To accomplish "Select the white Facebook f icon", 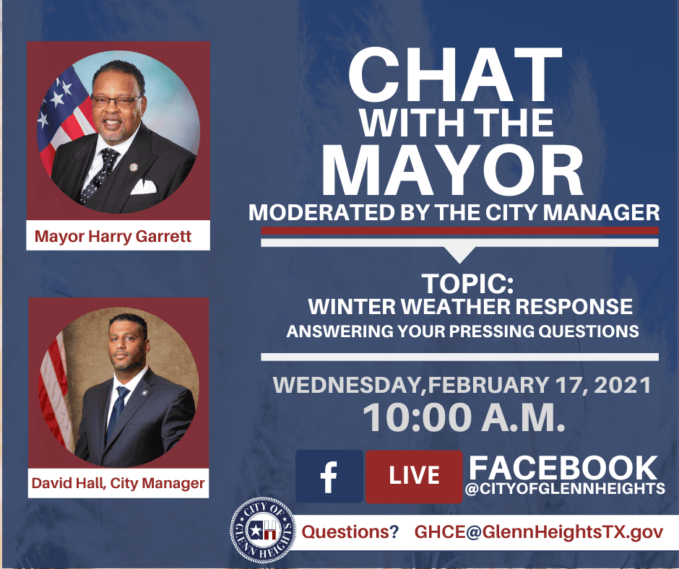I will [329, 477].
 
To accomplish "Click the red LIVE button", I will [414, 476].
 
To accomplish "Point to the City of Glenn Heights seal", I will [262, 531].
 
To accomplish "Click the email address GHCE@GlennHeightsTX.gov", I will [537, 533].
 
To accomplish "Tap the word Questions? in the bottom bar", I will [350, 533].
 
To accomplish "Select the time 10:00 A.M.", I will [463, 417].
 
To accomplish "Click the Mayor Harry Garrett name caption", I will [113, 236].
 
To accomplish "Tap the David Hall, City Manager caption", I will [118, 483].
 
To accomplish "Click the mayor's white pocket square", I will [144, 186].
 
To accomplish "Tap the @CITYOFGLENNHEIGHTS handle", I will [566, 490].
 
